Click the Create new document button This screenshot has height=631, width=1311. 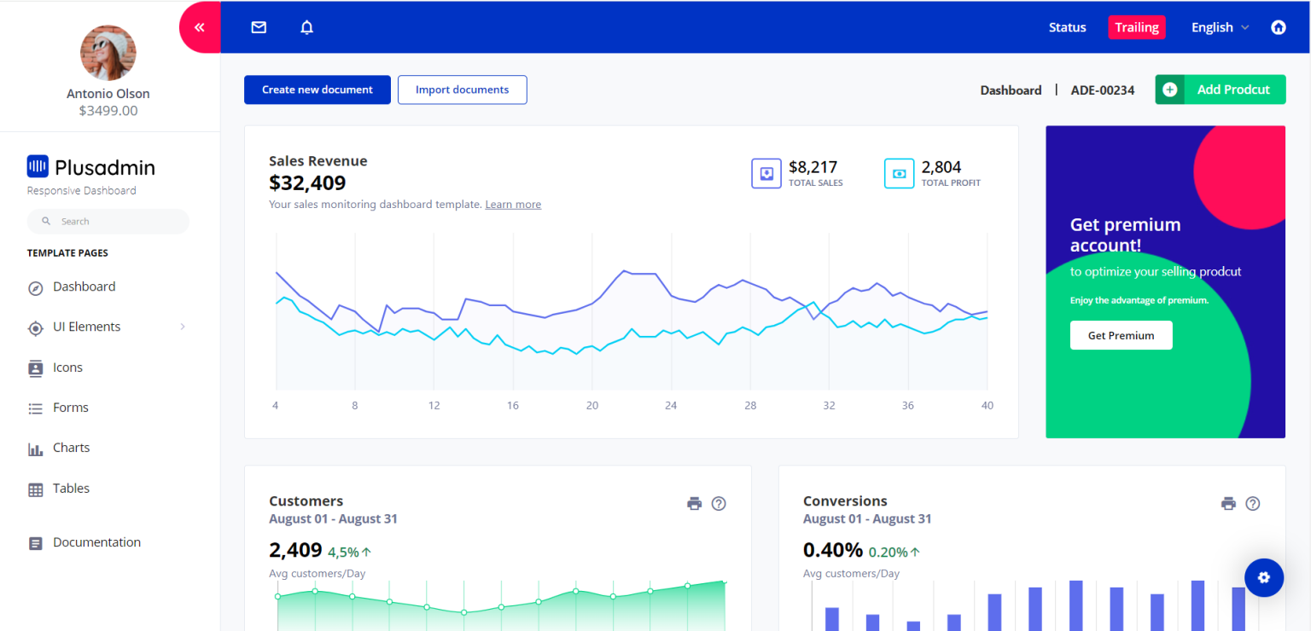coord(317,90)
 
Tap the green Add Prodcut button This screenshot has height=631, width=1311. coord(1220,90)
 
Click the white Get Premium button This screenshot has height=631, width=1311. coord(1121,335)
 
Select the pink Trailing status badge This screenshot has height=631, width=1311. coord(1136,27)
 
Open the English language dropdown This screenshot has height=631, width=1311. coord(1220,27)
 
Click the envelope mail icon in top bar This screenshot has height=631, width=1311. coord(259,27)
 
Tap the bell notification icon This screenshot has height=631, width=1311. coord(307,27)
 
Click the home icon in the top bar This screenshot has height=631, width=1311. coord(1278,27)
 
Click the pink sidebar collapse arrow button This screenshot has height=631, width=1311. coord(200,27)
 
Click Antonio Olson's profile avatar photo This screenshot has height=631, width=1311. coord(108,53)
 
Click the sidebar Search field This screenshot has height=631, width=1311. coord(108,222)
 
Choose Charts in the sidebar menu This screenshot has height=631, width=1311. coord(71,448)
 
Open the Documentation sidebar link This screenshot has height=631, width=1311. coord(96,542)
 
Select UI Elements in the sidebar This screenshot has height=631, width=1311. coord(86,327)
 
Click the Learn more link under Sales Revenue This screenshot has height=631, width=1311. coord(513,205)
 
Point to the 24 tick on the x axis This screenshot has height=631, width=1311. coord(671,406)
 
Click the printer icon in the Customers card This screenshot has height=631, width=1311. coord(694,504)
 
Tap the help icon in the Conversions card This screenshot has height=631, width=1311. coord(1252,504)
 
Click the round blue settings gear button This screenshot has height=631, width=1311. coord(1263,577)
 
